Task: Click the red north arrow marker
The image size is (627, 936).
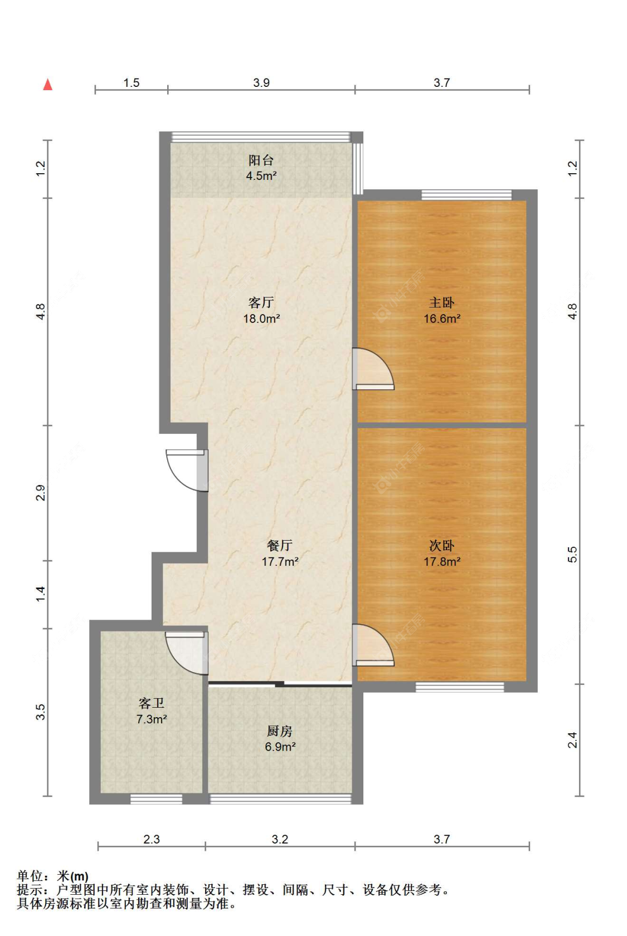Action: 48,85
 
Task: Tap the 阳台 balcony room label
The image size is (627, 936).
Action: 261,160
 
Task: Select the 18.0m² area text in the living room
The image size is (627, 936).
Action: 261,318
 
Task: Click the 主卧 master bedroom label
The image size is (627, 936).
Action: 441,302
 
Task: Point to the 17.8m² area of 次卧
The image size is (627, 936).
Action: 441,561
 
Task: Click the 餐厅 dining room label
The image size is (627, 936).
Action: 279,545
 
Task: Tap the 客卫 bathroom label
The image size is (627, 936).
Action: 151,703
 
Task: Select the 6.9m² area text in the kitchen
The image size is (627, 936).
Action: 280,747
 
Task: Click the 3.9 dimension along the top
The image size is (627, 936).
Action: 261,82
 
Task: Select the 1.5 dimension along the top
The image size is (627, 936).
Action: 131,82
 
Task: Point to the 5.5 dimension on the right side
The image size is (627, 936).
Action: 572,555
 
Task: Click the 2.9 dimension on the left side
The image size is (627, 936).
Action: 40,493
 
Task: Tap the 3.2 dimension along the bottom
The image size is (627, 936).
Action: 280,839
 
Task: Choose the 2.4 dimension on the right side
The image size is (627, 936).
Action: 572,740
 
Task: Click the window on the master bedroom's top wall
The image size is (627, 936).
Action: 466,195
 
